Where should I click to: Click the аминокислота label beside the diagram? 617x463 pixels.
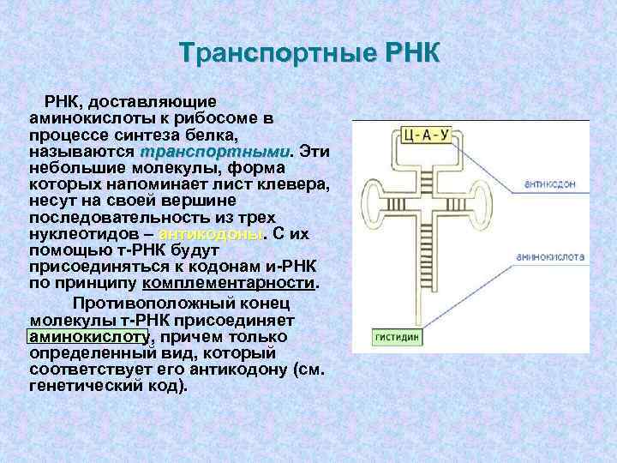[x=550, y=256]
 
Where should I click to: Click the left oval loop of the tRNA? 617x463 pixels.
[x=378, y=205]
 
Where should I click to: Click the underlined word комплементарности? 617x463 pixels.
[x=230, y=283]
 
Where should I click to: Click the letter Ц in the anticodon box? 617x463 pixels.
[x=410, y=134]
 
